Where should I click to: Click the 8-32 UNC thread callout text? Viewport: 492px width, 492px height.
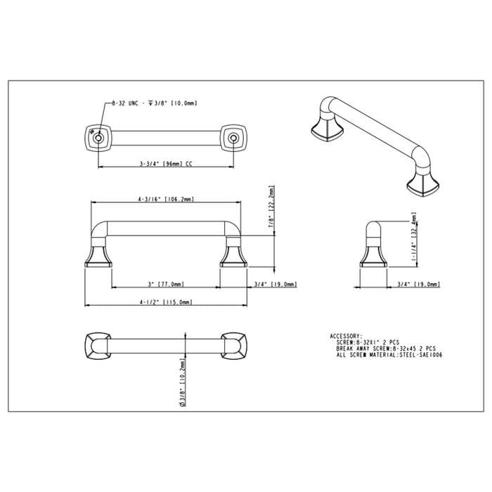pyautogui.click(x=130, y=103)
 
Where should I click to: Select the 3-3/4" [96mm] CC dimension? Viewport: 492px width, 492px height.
pyautogui.click(x=166, y=163)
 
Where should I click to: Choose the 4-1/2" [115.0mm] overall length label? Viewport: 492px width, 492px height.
pyautogui.click(x=166, y=302)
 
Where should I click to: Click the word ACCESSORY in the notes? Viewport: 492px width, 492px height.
pyautogui.click(x=346, y=336)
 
